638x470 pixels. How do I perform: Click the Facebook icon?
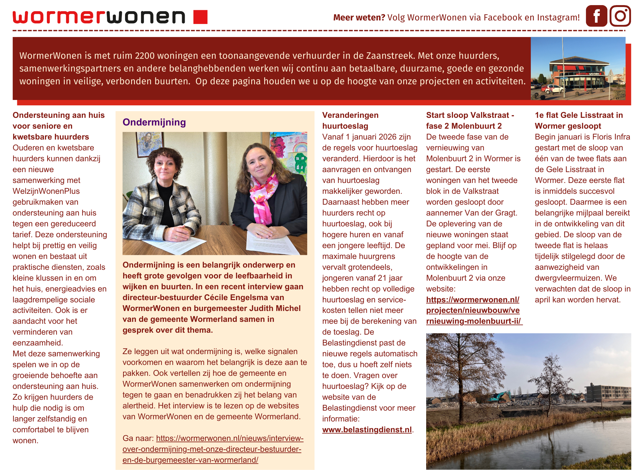click(x=596, y=16)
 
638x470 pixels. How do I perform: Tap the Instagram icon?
click(x=620, y=16)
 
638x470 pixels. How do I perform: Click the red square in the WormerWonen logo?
click(x=200, y=17)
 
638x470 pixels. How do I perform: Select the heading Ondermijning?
click(x=154, y=122)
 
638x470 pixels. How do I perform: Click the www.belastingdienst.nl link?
click(x=367, y=430)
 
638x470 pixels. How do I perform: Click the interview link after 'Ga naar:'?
click(x=213, y=449)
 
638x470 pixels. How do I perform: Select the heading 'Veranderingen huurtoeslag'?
click(x=350, y=121)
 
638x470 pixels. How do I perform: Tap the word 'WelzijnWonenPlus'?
click(x=46, y=191)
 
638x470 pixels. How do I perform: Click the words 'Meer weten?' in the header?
click(x=359, y=18)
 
